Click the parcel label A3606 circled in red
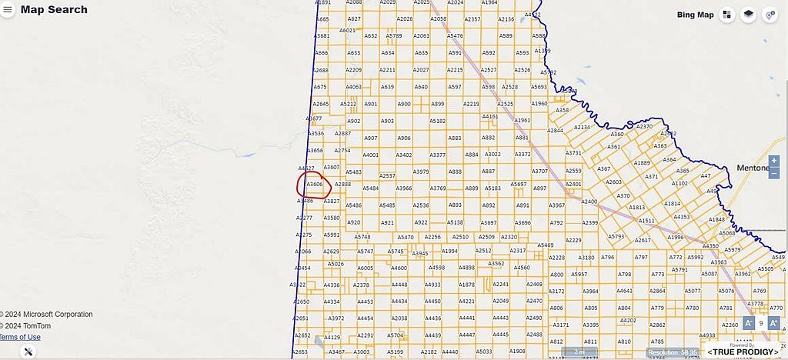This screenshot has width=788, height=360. (x=315, y=185)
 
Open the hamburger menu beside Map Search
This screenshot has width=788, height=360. (x=8, y=10)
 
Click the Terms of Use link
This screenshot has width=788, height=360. (x=20, y=337)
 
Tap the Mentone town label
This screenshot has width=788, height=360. (x=752, y=168)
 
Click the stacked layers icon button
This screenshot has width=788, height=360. (x=748, y=15)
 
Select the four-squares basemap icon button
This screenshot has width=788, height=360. (x=727, y=15)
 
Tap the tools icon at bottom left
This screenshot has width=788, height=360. (x=28, y=352)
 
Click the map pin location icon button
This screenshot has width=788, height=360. (x=769, y=15)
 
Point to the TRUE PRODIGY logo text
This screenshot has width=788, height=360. (x=742, y=352)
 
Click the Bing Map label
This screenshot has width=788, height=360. (x=695, y=15)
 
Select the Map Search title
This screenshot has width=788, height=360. (x=54, y=10)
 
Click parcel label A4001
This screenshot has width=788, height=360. (x=371, y=155)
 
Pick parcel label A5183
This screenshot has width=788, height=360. (x=493, y=188)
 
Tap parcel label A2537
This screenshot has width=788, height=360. (x=387, y=176)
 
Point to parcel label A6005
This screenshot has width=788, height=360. (x=365, y=268)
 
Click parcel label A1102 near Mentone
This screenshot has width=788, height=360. (x=679, y=184)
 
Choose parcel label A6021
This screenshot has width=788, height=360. (x=347, y=31)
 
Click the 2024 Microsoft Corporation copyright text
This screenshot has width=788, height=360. (x=47, y=314)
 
